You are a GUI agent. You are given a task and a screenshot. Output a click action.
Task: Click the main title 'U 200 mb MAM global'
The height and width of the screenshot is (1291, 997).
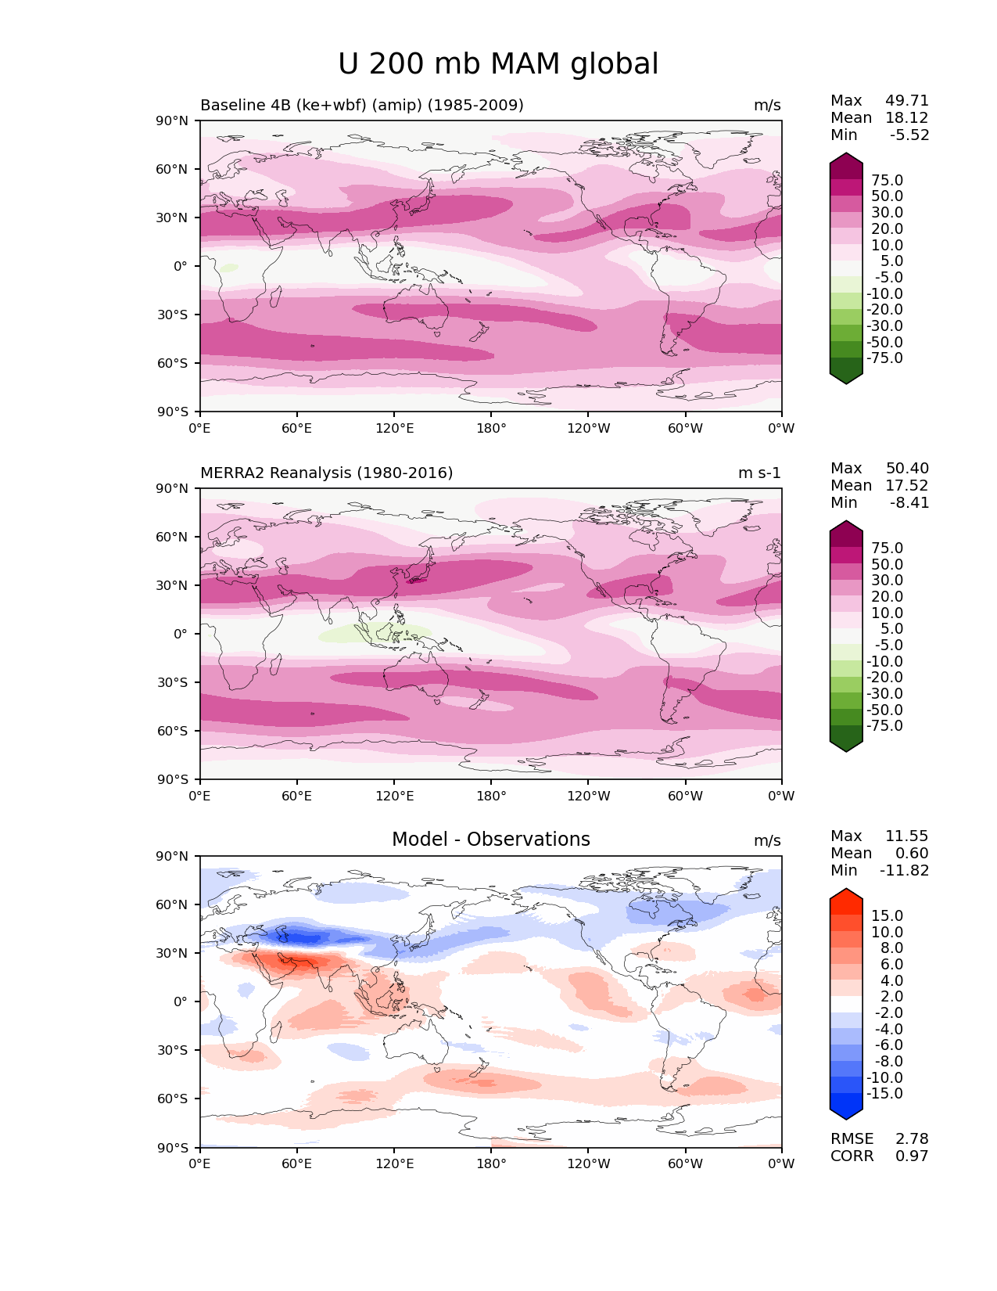click(x=498, y=64)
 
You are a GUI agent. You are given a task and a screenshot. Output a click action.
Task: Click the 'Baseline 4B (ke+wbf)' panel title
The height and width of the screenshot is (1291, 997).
click(x=361, y=106)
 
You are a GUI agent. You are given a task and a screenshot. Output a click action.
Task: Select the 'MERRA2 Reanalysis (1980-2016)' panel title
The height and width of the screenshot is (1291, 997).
click(x=326, y=473)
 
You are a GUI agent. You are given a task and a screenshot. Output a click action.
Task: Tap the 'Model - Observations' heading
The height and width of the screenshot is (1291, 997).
click(x=490, y=840)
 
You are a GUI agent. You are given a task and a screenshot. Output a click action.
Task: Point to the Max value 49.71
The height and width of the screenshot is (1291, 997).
click(x=906, y=101)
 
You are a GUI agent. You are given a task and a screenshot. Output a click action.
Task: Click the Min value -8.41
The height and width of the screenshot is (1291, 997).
click(x=909, y=503)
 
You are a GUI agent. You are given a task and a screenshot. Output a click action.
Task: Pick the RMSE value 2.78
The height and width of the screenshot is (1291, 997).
click(x=912, y=1139)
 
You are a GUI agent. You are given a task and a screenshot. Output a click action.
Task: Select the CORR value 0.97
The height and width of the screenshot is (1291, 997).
click(x=912, y=1156)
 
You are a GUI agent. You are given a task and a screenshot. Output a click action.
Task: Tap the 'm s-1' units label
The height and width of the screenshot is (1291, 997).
click(x=759, y=473)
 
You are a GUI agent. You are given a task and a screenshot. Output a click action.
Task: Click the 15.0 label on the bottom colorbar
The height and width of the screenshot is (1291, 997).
click(x=887, y=916)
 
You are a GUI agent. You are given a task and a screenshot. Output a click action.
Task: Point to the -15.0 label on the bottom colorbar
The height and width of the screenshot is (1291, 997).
click(x=884, y=1094)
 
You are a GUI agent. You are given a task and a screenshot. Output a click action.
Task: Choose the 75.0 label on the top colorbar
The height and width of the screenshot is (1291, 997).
click(x=887, y=181)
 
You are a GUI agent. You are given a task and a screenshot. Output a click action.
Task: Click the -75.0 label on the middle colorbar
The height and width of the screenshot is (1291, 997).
click(x=884, y=726)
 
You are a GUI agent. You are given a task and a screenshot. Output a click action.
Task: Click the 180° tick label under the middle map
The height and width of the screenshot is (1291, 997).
click(x=491, y=797)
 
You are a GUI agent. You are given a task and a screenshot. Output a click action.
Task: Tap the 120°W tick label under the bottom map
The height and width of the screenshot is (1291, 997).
click(x=588, y=1164)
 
